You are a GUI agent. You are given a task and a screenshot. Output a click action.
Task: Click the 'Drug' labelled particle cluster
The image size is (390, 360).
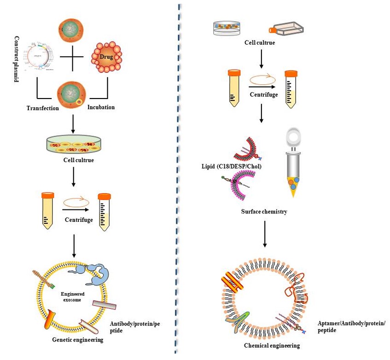(x=107, y=58)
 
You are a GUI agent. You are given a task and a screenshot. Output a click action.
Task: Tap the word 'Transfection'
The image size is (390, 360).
(x=42, y=108)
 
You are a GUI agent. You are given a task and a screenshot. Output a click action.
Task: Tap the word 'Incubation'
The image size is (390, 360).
(x=101, y=107)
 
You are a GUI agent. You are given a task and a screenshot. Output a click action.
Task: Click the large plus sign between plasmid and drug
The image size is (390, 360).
(x=72, y=58)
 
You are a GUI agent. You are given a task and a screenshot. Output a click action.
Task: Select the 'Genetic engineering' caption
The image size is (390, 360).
(x=78, y=340)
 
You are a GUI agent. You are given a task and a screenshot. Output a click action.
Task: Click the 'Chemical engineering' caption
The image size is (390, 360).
(x=272, y=345)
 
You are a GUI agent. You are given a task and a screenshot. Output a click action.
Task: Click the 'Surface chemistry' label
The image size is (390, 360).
(x=264, y=212)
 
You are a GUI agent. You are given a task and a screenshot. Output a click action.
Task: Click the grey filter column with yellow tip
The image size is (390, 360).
(x=294, y=166)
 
